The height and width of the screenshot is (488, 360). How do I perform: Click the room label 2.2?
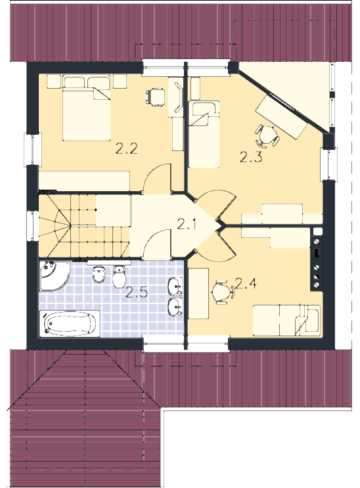[x=126, y=148]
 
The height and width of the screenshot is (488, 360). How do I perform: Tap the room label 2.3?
[x=251, y=157]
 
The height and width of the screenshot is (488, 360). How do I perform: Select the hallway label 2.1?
[x=187, y=224]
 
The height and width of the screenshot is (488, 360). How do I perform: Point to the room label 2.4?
[x=246, y=283]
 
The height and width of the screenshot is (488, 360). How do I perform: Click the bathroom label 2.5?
[x=136, y=292]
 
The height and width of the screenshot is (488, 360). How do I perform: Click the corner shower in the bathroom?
[x=54, y=276]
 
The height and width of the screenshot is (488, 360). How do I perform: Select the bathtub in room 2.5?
[x=70, y=324]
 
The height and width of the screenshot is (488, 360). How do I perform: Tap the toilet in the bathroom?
[x=119, y=277]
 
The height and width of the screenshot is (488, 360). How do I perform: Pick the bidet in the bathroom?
[x=99, y=274]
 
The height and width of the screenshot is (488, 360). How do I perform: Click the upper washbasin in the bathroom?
[x=175, y=286]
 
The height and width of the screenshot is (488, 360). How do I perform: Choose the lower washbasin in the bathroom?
[x=175, y=307]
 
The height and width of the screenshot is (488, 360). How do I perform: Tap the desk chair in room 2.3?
[x=266, y=136]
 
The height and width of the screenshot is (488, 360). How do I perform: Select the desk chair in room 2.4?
[x=222, y=292]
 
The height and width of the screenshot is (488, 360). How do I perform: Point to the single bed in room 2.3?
[x=204, y=135]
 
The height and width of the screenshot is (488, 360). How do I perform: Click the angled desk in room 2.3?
[x=281, y=117]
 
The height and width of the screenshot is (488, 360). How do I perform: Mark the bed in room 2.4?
[x=286, y=321]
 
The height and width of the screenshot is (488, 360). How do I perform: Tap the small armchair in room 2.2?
[x=156, y=97]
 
